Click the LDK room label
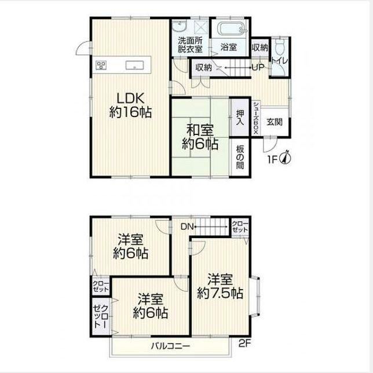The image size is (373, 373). click(130, 105)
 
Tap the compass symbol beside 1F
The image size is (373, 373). click(286, 158)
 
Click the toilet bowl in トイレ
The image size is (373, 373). click(279, 46)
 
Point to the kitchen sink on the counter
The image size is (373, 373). click(134, 65)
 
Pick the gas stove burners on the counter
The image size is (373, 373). click(101, 65)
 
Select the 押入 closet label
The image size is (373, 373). click(240, 118)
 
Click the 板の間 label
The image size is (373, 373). click(240, 157)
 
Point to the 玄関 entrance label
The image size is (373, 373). click(275, 122)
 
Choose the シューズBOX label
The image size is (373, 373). click(256, 118)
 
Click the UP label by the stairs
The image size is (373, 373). click(258, 68)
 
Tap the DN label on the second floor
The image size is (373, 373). click(188, 226)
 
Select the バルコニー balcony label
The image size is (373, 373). click(170, 346)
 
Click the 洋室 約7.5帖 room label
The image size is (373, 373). click(220, 286)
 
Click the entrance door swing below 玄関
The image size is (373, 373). click(270, 144)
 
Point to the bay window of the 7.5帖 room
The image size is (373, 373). click(255, 296)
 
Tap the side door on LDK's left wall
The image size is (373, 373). click(84, 47)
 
